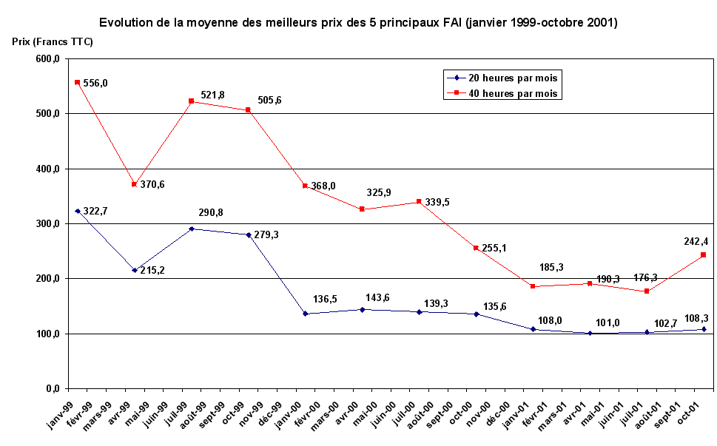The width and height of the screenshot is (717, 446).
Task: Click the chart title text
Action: (x=358, y=23)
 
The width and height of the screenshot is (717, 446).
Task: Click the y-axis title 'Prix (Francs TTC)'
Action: (x=53, y=42)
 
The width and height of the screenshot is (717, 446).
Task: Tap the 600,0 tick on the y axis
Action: (x=45, y=59)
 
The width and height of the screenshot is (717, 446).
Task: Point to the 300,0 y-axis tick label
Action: (x=45, y=224)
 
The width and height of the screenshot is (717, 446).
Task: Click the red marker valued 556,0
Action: (x=77, y=82)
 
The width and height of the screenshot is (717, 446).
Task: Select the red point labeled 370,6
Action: (x=134, y=184)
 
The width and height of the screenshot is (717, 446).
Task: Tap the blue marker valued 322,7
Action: (x=77, y=211)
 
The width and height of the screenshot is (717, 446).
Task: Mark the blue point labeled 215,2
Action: (x=134, y=270)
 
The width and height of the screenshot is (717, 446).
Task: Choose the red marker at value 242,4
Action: (x=703, y=255)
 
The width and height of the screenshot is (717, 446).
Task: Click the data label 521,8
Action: (x=213, y=95)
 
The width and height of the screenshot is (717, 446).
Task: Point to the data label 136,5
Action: (x=323, y=300)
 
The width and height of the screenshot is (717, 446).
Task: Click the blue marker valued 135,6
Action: (x=477, y=314)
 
